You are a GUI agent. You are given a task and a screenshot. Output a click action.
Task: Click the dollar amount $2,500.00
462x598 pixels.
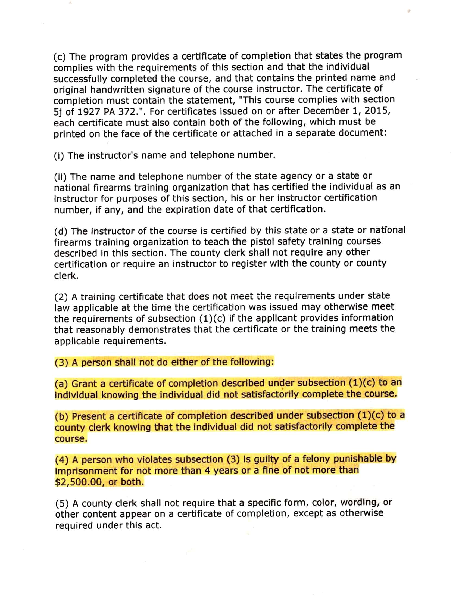(79, 482)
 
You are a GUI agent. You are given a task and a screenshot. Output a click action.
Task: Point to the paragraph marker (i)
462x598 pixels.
(59, 155)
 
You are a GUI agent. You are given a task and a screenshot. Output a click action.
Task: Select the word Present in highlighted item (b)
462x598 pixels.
(89, 416)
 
